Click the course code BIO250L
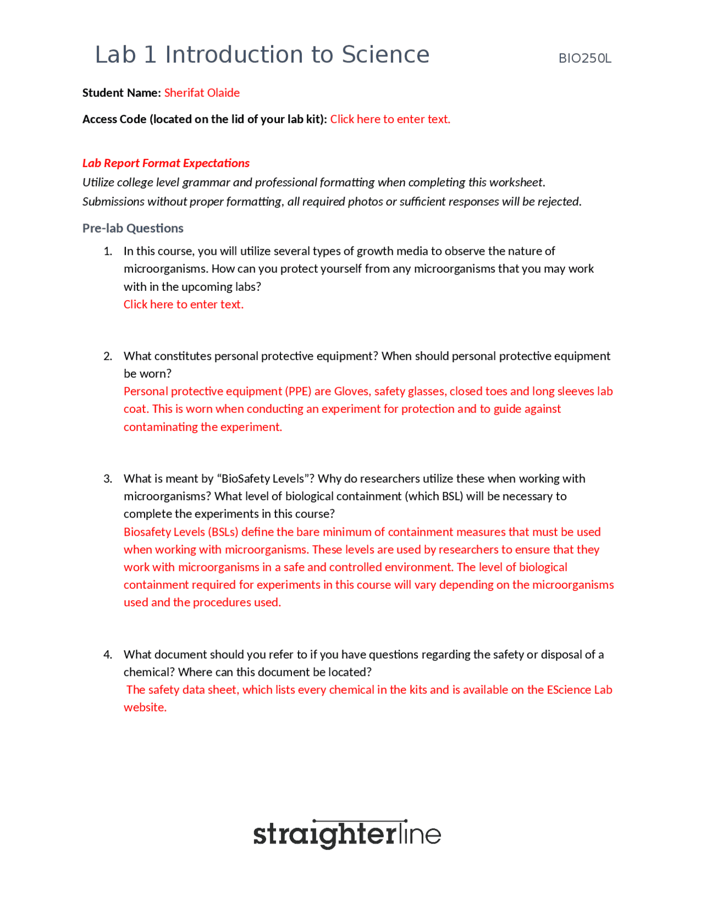[584, 59]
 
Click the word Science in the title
[386, 55]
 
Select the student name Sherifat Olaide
[202, 93]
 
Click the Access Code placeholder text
[389, 119]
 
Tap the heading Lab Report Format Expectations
[165, 163]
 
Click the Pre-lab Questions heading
[133, 228]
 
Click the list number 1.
[108, 251]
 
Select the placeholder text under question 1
[183, 304]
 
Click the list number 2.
[108, 356]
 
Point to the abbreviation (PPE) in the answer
[298, 391]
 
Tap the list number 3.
[108, 479]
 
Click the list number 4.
[108, 655]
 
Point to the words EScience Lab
[579, 690]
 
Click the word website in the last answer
[144, 707]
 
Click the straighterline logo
[347, 834]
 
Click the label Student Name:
[121, 93]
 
